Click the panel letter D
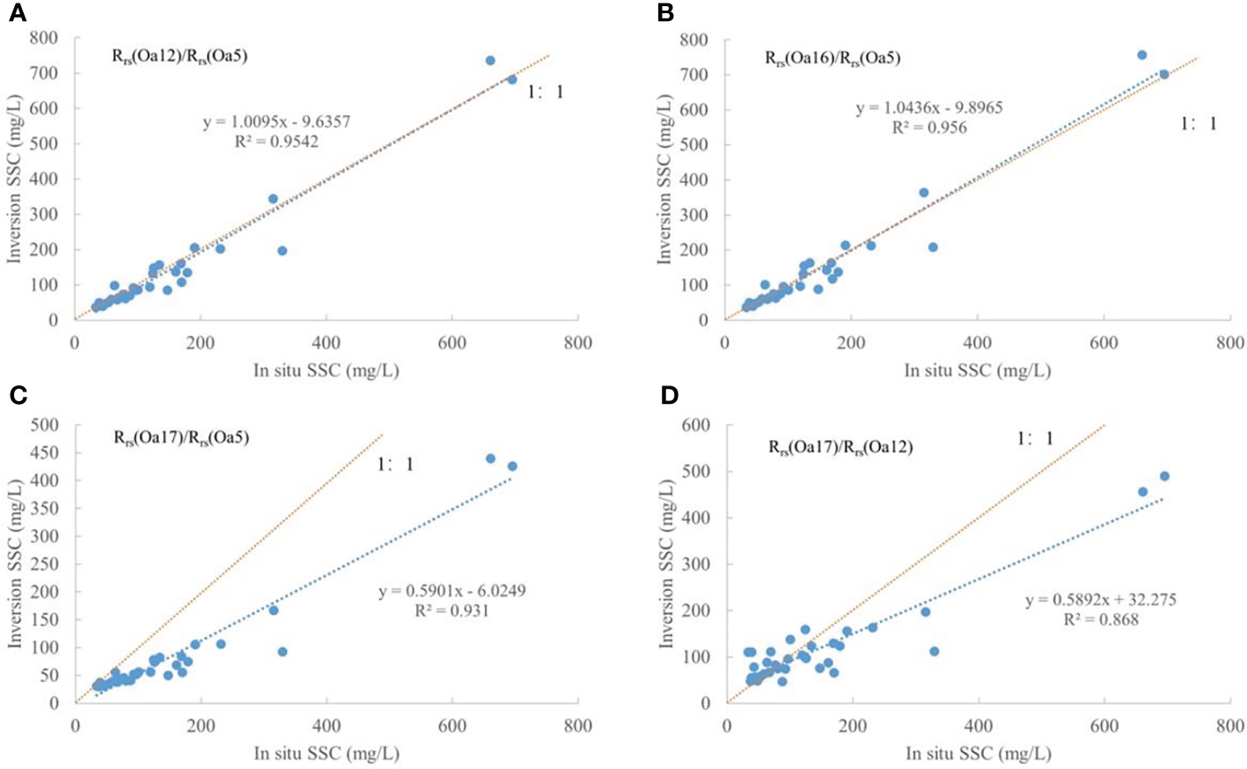[670, 395]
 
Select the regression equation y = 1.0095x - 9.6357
[276, 121]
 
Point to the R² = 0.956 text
[929, 128]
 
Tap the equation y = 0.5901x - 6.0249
[452, 591]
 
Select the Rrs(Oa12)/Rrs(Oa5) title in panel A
[180, 56]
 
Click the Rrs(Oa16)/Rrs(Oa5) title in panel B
[833, 58]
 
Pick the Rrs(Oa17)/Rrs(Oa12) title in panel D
[840, 447]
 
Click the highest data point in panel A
[490, 61]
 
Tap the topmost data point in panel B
[1142, 55]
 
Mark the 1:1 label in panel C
[395, 465]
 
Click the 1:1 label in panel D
[1035, 438]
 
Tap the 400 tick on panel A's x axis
[326, 342]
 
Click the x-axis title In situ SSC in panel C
[326, 753]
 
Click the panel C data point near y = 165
[274, 610]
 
